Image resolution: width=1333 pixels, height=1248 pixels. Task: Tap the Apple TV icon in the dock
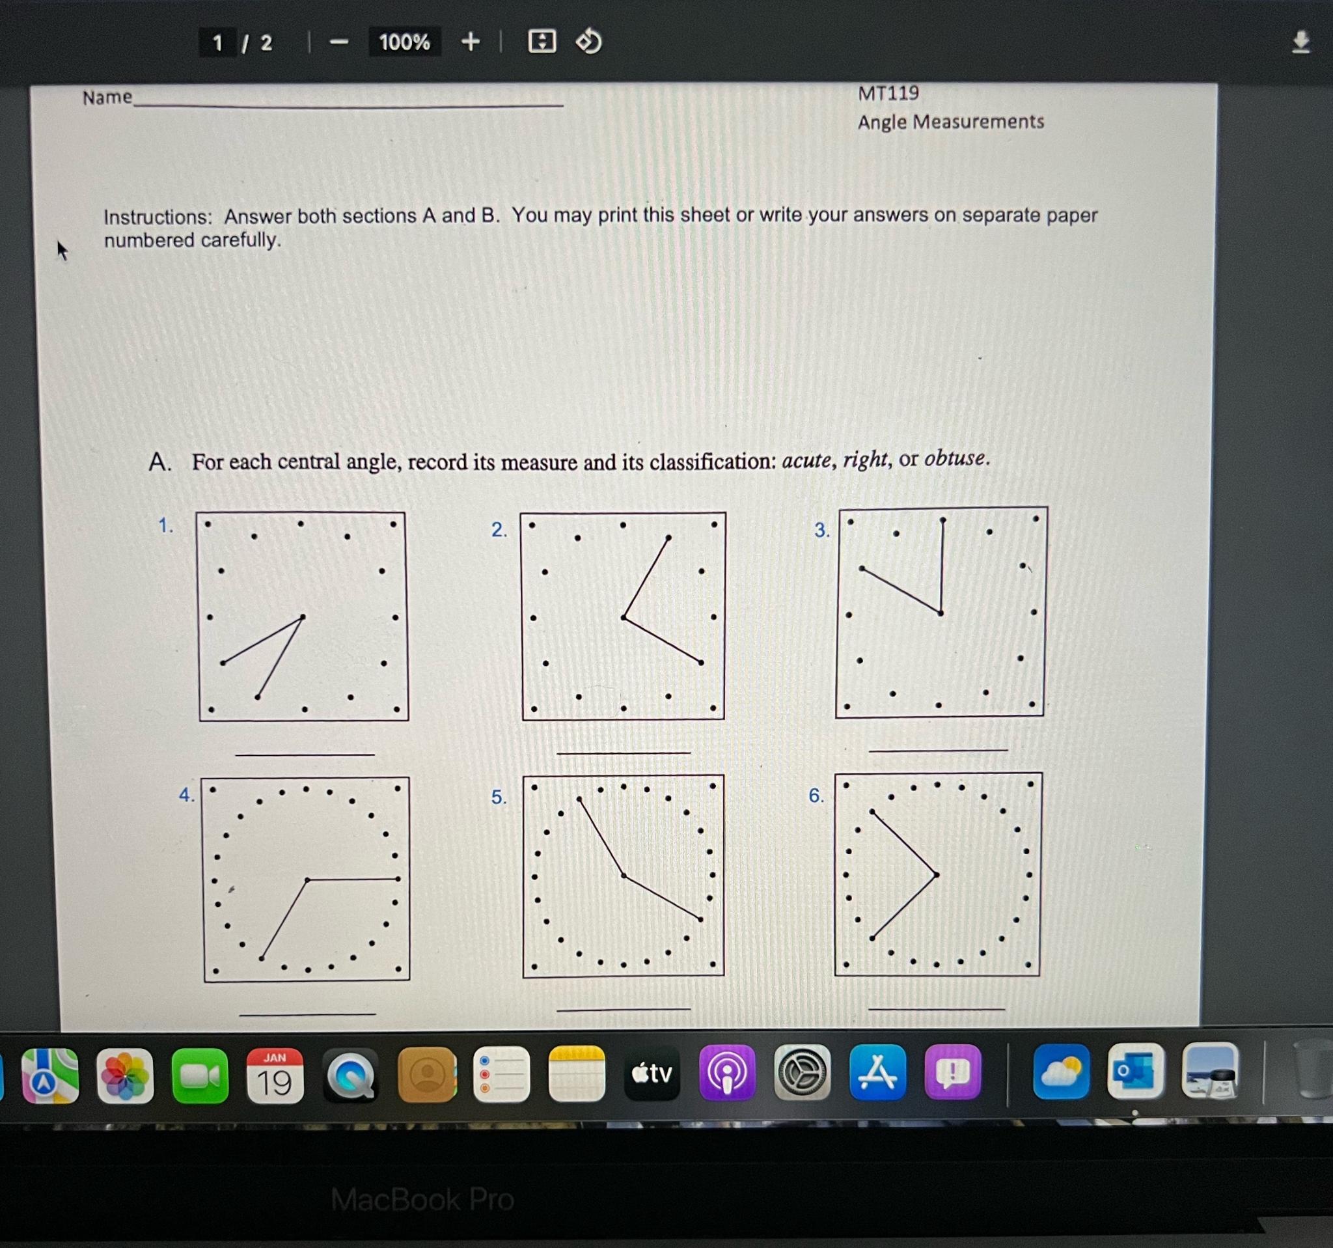coord(652,1074)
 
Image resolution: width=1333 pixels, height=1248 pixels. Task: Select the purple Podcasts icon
coord(728,1073)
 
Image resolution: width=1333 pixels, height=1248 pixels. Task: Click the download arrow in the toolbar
coord(1300,42)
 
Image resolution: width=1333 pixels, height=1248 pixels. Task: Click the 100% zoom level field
coord(404,42)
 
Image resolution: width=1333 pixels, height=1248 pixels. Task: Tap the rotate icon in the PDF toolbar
coord(588,42)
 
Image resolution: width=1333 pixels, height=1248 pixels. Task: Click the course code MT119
coord(888,93)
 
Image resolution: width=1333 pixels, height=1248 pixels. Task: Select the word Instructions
coord(157,217)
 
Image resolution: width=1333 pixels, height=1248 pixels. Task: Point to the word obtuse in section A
coord(955,459)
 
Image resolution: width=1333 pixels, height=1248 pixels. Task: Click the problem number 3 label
coord(821,531)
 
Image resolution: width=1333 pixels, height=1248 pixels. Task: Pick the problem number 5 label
coord(498,797)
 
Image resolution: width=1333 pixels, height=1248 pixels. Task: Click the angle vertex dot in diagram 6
coord(936,874)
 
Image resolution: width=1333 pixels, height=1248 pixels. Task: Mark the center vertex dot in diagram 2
coord(624,617)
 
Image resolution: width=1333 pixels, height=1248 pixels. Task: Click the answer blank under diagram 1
coord(305,754)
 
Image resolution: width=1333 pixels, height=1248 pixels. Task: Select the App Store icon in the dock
coord(877,1073)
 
